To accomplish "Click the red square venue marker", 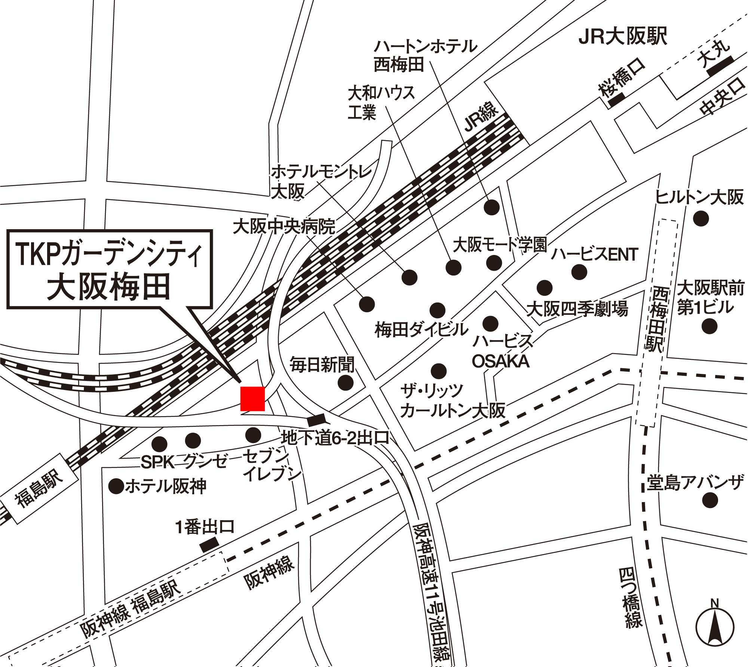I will click(x=252, y=399).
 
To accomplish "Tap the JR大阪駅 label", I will click(x=623, y=37).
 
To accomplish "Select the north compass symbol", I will click(x=715, y=631).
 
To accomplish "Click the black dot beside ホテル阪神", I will click(x=116, y=486).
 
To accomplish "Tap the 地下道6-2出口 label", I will click(x=335, y=438).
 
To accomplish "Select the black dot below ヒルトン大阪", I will click(x=701, y=218).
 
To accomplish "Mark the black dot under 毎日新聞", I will click(x=345, y=382).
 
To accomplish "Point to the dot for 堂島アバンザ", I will click(x=710, y=500).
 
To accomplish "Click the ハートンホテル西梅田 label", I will click(x=425, y=56).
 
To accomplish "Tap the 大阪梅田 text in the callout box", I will click(x=108, y=287).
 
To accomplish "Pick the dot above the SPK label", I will click(x=159, y=444).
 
